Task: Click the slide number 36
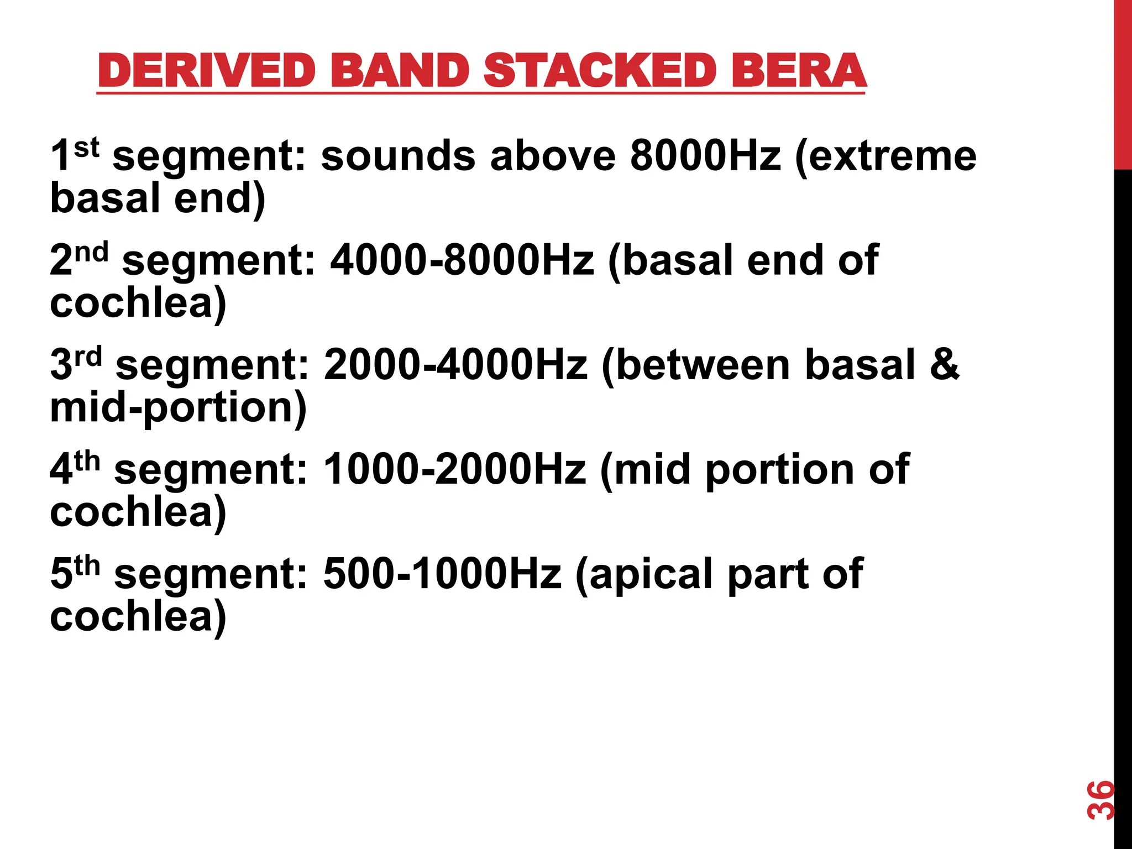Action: (x=1100, y=799)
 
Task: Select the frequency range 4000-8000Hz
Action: (x=462, y=260)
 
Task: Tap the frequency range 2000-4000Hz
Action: (x=455, y=365)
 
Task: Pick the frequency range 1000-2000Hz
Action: (x=454, y=469)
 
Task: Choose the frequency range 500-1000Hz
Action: (x=442, y=574)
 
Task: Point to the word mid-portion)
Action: (x=178, y=408)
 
